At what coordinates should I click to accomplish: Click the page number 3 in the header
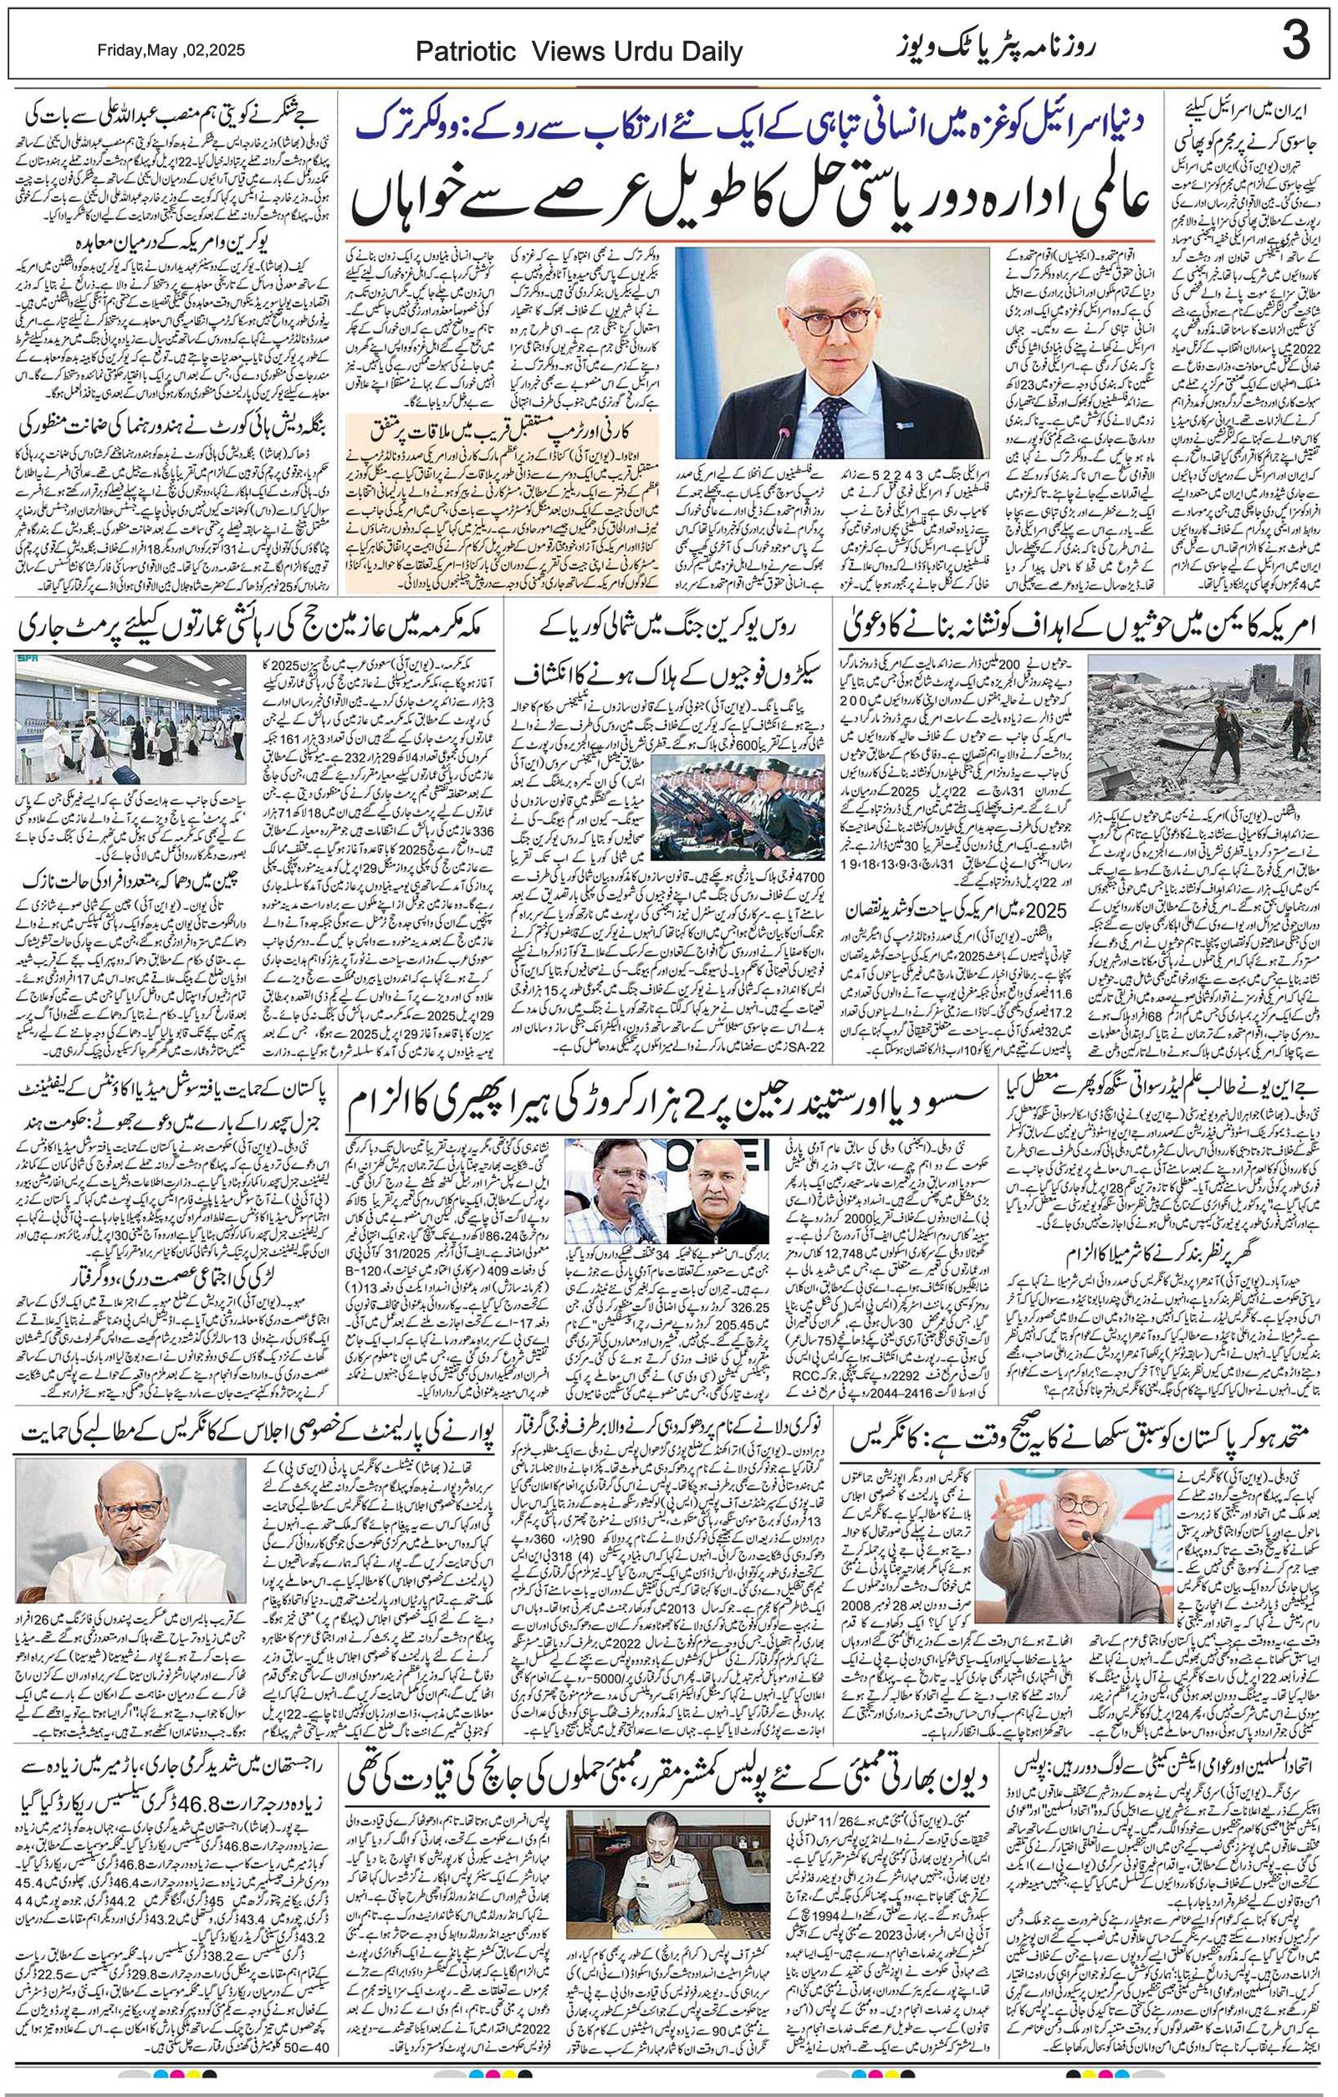point(1295,41)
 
